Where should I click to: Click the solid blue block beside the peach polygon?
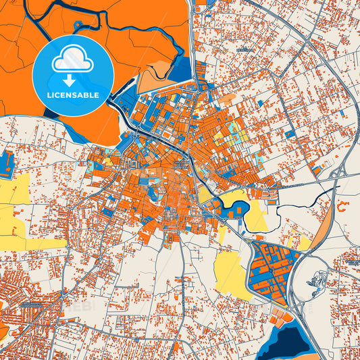[181, 69]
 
